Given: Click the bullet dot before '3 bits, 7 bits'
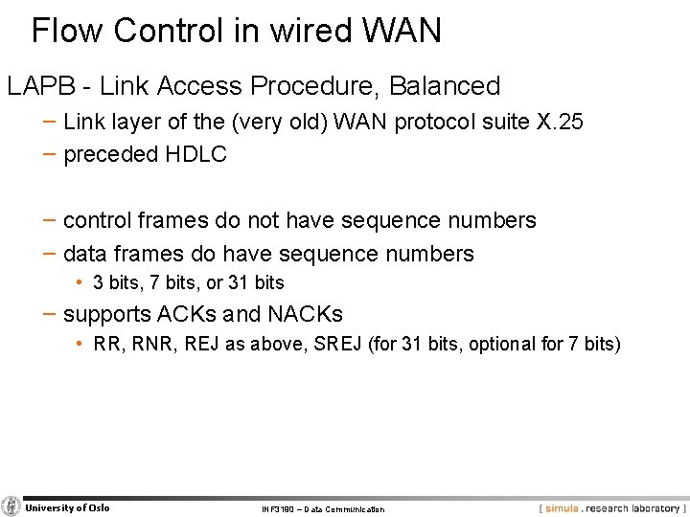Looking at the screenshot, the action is tap(82, 283).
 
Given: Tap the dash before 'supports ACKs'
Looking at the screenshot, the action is tap(49, 314).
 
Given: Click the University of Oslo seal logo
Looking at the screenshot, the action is tap(11, 506).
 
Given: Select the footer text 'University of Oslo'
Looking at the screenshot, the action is tap(67, 507).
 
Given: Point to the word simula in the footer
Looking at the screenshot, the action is tap(563, 507).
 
